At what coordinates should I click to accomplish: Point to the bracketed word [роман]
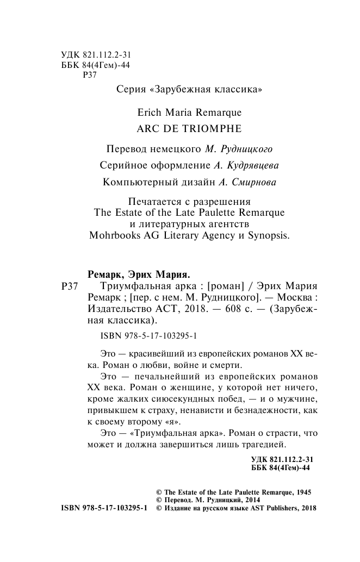(229, 286)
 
